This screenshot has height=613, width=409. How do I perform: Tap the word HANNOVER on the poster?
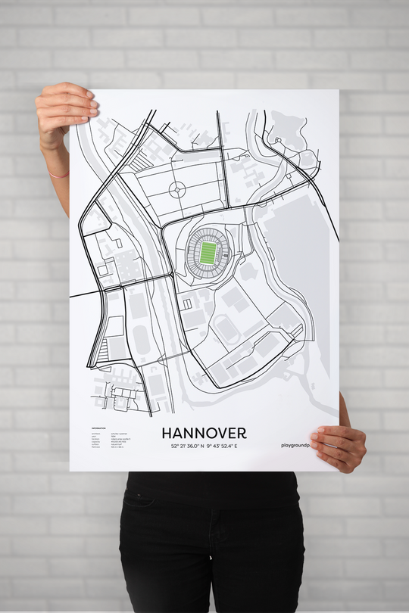pos(204,433)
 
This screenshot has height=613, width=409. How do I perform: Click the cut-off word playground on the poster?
pos(299,446)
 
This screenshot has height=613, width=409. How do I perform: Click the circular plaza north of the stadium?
pos(177,189)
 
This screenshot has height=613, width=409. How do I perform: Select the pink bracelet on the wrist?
pos(58,174)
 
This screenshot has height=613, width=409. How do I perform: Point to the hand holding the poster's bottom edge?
pos(339,447)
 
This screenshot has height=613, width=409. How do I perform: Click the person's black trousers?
pos(211,545)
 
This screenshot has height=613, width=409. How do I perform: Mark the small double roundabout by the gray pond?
pos(278,140)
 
